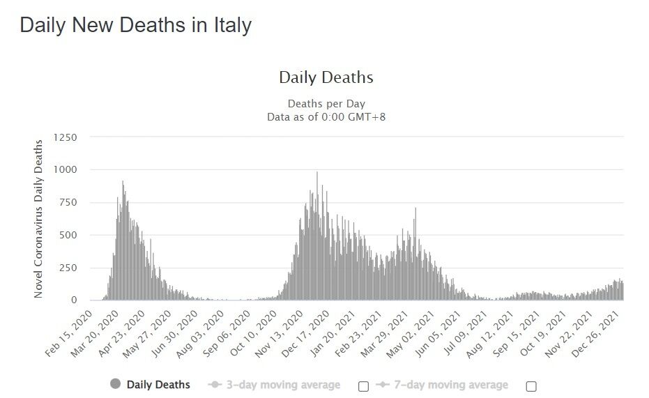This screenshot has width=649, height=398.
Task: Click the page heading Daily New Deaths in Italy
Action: tap(135, 25)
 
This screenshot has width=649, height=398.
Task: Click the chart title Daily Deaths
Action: tap(326, 77)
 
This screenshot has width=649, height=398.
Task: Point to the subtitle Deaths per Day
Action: tap(326, 104)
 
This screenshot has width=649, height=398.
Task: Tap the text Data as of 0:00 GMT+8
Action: tap(326, 116)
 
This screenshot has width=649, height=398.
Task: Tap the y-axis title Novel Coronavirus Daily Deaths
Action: tap(39, 219)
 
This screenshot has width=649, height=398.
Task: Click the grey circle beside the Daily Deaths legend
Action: tap(116, 384)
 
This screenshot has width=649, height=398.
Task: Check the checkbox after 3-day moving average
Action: tap(363, 386)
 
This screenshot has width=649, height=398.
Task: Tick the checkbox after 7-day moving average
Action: tap(531, 386)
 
